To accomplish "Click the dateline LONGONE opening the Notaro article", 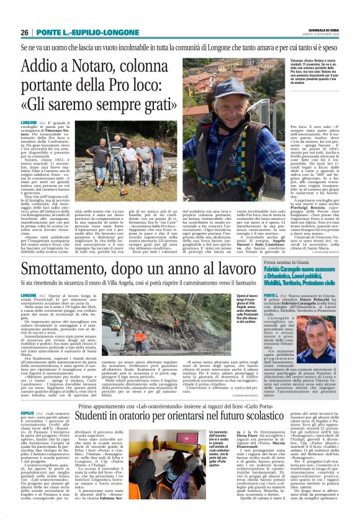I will [x=29, y=124].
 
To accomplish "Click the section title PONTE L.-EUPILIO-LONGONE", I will [x=88, y=32].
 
